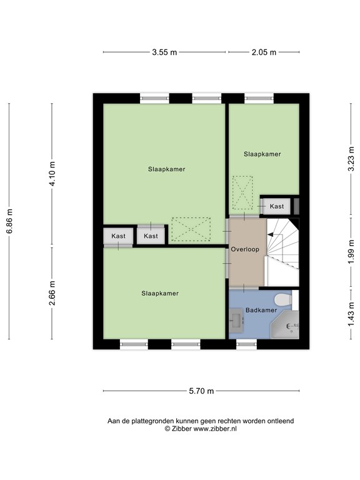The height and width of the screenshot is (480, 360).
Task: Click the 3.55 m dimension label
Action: (164, 52)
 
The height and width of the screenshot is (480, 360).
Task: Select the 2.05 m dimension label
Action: (263, 52)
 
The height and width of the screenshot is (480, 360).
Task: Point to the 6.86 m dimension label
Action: (9, 221)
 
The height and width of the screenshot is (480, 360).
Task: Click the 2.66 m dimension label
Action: (52, 293)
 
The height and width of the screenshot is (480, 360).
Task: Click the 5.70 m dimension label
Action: (201, 391)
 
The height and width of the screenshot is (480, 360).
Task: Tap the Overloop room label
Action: (244, 249)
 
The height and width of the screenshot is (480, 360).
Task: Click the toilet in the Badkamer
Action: (283, 301)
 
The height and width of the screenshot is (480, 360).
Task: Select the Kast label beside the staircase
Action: (276, 206)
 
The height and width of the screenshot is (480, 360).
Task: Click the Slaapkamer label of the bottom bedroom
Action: (160, 293)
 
